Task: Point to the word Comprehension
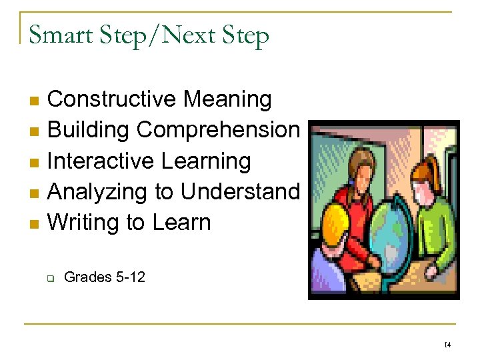point(218,131)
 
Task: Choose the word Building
point(89,131)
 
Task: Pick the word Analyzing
point(99,192)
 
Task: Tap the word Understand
point(240,192)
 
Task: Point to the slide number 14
point(447,345)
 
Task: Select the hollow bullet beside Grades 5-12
point(49,277)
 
